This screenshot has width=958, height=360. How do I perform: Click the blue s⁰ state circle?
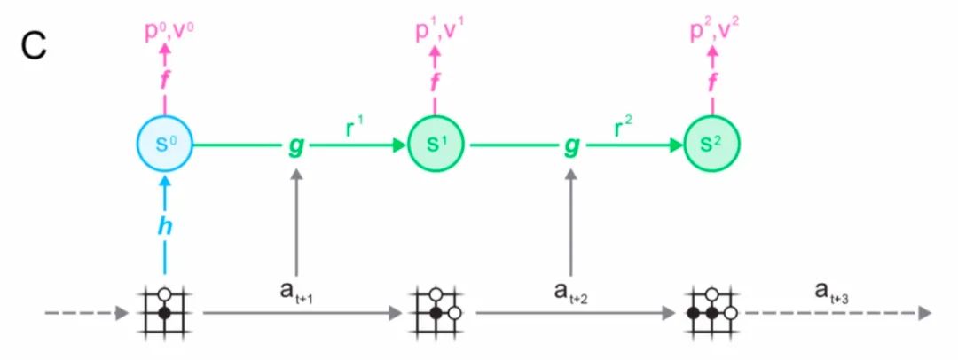[x=164, y=144]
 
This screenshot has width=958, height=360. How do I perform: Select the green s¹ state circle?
[x=436, y=144]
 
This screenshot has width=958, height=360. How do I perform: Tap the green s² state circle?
[x=712, y=144]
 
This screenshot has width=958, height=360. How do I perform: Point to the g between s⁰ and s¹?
[x=296, y=145]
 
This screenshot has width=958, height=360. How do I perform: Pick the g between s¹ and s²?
[x=571, y=145]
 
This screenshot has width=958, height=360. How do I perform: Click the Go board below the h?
[x=165, y=312]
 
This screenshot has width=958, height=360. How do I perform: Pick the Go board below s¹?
[x=436, y=312]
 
